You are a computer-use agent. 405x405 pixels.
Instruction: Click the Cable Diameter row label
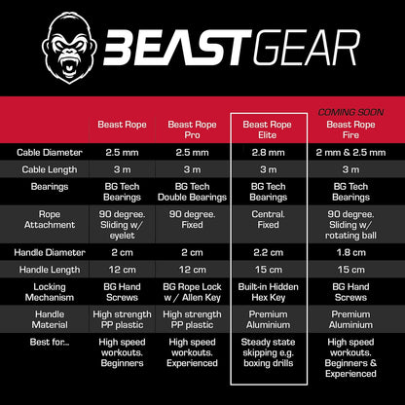[x=50, y=153]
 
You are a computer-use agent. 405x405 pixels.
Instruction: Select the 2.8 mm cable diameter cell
[x=269, y=153]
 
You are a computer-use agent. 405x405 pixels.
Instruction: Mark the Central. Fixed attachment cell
[x=269, y=221]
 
